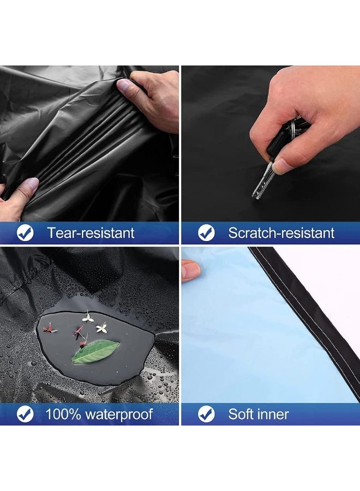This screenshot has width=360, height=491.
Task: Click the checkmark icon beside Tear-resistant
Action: pos(25,232)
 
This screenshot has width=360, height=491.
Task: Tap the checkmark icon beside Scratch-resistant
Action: pos(206,232)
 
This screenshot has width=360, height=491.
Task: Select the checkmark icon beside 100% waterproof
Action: pos(25,414)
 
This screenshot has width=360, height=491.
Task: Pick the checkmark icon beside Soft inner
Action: pos(206,414)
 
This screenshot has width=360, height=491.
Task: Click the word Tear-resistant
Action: pos(91,233)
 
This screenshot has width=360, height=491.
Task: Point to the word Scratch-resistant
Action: pos(281,233)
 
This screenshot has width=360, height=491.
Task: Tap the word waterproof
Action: pos(119,415)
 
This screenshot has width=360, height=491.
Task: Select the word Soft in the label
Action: pos(241,414)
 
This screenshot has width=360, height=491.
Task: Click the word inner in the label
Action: pos(273,415)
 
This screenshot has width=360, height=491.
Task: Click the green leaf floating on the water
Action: pos(95,352)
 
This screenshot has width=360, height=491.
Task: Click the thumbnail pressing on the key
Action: pos(283,166)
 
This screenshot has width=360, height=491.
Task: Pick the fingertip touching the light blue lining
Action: pos(191,270)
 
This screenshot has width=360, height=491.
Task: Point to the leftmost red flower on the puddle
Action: pos(50,329)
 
